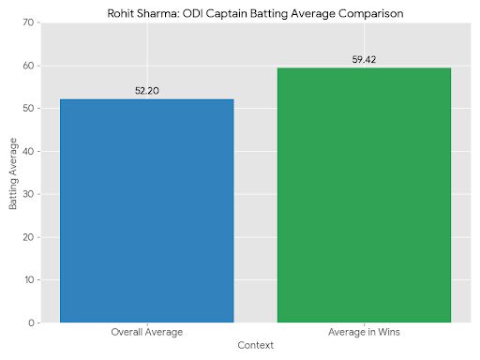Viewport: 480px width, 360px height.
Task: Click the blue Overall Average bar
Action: (146, 211)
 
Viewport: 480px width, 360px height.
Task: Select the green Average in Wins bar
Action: (364, 195)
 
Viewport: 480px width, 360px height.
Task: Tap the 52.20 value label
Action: (146, 91)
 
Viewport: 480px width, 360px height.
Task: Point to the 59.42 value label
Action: (364, 60)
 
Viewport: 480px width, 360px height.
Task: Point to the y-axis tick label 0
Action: (34, 323)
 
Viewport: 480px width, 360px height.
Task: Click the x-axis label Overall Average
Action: (146, 333)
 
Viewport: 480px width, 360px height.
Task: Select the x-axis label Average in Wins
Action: (364, 333)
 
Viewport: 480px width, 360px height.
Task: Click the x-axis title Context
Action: (255, 346)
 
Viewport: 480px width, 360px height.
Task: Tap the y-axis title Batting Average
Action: (13, 173)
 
